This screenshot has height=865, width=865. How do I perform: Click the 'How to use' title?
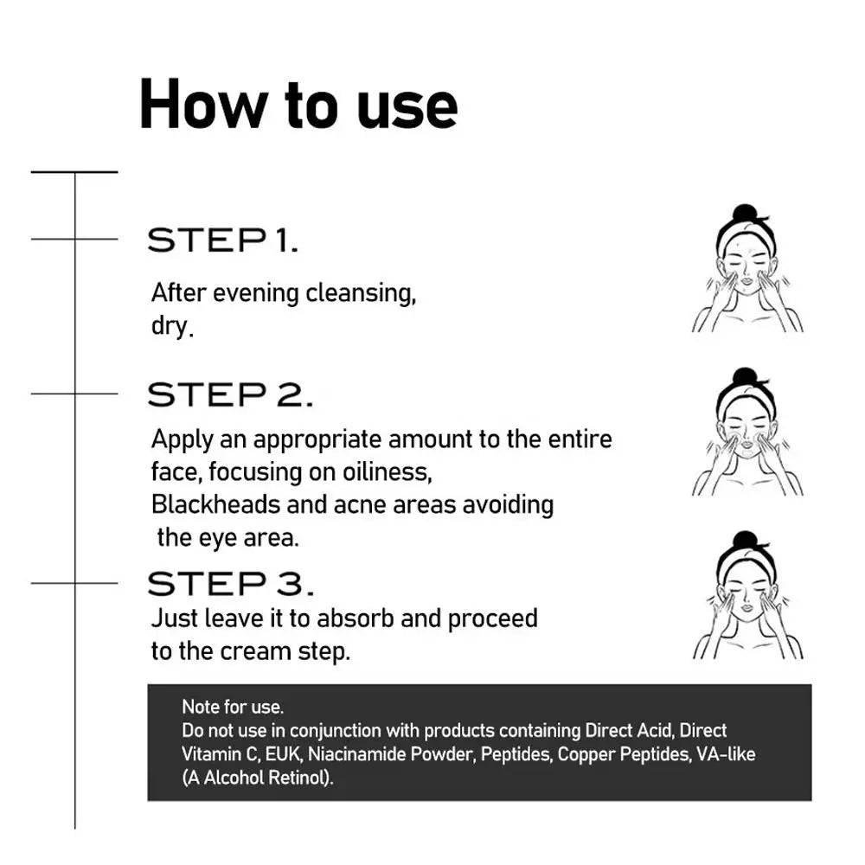click(298, 105)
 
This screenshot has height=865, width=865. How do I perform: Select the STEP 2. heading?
click(231, 394)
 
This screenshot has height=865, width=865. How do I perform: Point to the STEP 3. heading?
click(231, 584)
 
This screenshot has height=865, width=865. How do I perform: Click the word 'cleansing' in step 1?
click(360, 293)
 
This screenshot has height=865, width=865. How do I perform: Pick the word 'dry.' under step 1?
click(173, 325)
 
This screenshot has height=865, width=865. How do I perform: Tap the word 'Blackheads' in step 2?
click(215, 504)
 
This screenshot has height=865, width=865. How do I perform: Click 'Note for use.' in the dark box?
click(233, 707)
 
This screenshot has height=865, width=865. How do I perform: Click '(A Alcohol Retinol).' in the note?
click(258, 778)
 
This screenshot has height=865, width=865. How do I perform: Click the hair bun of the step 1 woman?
click(746, 214)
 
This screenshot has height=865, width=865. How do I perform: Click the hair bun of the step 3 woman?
click(746, 541)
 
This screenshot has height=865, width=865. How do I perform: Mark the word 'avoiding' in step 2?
click(508, 505)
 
